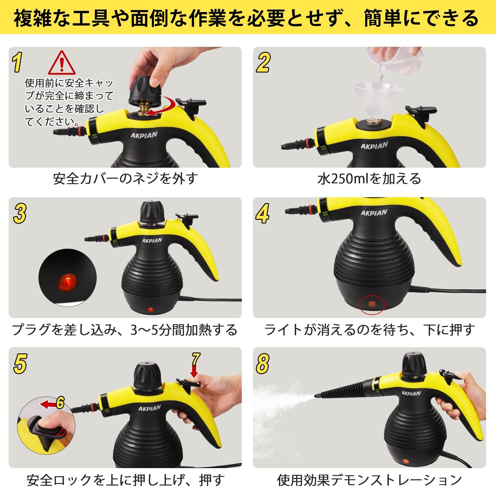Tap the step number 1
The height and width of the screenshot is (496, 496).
click(18, 62)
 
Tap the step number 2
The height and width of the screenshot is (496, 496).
click(263, 62)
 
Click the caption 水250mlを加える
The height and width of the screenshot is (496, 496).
click(369, 179)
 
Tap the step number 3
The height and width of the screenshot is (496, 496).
click(20, 213)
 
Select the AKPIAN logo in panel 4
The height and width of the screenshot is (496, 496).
click(374, 213)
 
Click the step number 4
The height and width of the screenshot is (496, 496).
click(263, 213)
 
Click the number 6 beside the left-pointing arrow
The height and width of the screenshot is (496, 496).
click(60, 403)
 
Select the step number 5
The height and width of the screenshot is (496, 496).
click(20, 363)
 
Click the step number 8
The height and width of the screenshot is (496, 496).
click(262, 363)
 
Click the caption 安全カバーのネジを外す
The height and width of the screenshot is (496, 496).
click(125, 179)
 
